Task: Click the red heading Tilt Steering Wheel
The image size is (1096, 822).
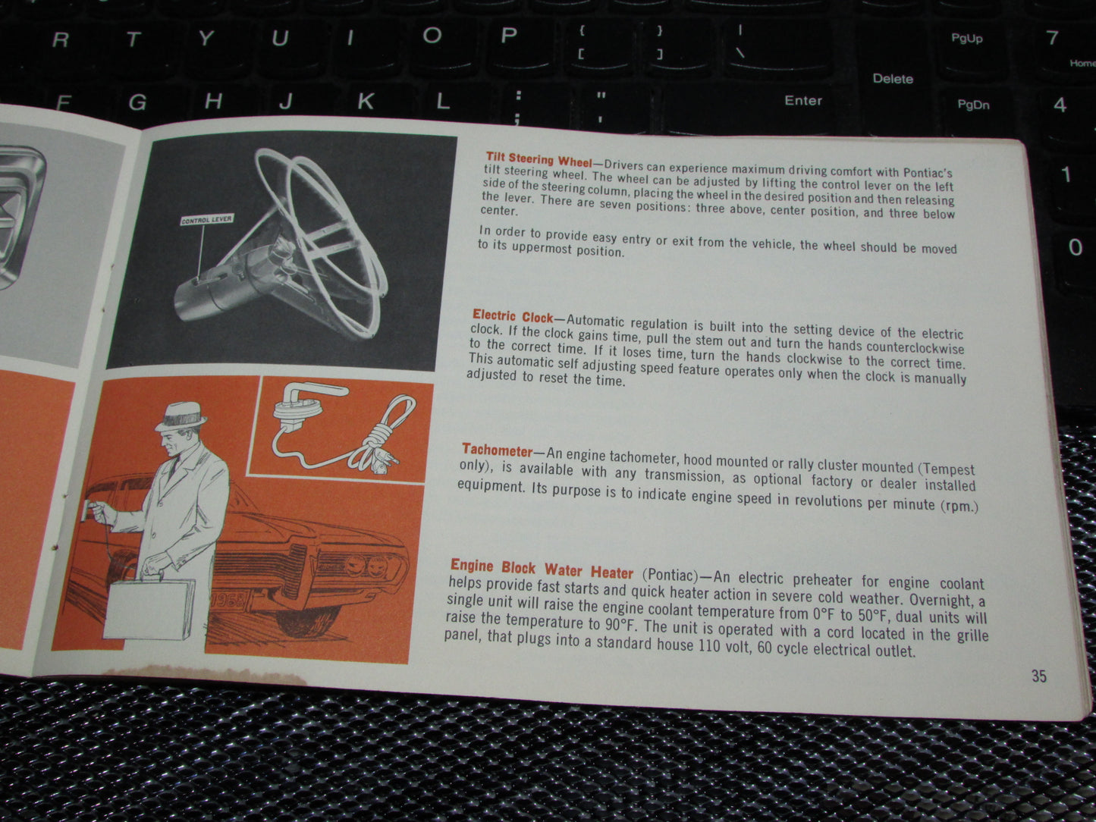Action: [539, 160]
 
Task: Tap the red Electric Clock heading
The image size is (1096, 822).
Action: [513, 316]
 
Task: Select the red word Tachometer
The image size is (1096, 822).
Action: [498, 450]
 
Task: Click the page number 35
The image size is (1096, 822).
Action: [1039, 676]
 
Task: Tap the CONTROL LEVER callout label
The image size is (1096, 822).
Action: [207, 220]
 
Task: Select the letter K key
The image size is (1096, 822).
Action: [366, 102]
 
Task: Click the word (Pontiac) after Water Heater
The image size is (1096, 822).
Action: [670, 575]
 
